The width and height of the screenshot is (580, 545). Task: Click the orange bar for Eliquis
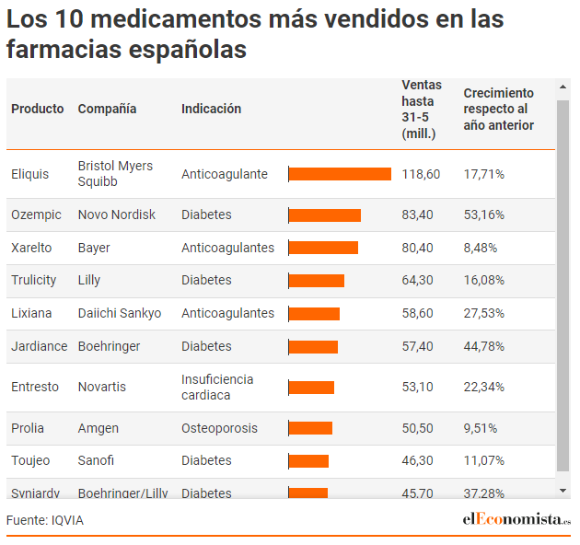tap(340, 174)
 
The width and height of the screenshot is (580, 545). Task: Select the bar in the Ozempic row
tap(325, 215)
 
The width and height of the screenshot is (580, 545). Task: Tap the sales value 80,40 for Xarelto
tap(417, 248)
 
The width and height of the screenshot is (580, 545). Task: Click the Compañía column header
tap(107, 109)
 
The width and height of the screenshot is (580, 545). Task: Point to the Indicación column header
tap(211, 109)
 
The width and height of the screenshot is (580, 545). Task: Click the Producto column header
tap(38, 109)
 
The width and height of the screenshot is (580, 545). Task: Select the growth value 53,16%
tap(484, 215)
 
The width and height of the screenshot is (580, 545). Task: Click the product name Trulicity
tap(34, 280)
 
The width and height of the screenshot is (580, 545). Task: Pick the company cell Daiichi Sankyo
tap(120, 313)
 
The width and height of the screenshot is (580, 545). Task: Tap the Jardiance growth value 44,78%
tap(484, 346)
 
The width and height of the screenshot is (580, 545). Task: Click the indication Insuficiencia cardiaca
tap(217, 387)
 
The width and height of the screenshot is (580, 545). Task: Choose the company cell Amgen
tap(98, 428)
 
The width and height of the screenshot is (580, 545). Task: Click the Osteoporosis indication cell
tap(219, 428)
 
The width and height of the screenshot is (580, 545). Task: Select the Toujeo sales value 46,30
tap(417, 460)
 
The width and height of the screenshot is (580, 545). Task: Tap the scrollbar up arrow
tap(563, 87)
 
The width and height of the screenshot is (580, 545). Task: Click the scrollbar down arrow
tap(563, 491)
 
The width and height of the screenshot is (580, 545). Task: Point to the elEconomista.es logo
tap(516, 519)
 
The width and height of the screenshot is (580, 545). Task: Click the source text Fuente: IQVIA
tap(45, 520)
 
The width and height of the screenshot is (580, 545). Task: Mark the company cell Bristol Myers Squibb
tap(115, 174)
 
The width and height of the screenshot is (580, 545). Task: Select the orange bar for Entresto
tap(311, 388)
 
